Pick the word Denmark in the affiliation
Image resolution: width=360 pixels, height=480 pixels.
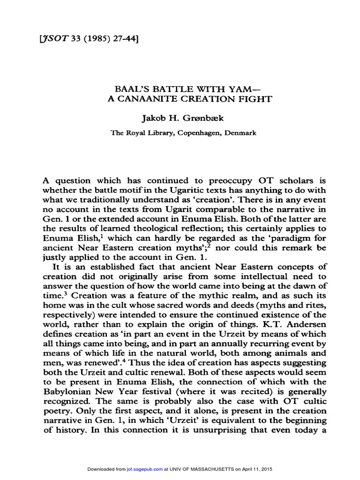[x=239, y=133]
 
